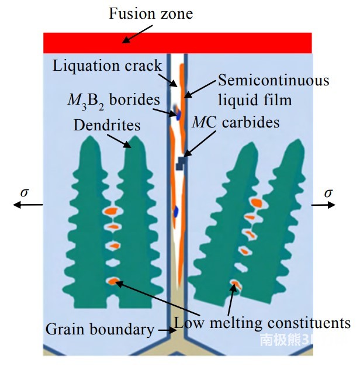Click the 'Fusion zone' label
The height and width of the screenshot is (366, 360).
coord(150,13)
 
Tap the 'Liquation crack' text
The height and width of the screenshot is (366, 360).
coord(107,65)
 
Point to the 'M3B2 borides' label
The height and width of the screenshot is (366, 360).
coord(112,99)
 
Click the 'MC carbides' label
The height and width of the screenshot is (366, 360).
coord(236,122)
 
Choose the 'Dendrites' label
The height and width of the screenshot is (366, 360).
coord(107,125)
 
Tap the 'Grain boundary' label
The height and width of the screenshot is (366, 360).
coord(100,329)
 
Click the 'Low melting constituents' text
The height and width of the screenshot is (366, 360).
coord(262,323)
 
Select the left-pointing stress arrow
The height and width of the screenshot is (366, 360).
coord(28,205)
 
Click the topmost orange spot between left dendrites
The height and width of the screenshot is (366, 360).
coord(110,210)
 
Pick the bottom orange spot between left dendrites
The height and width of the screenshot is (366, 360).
coord(112,281)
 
